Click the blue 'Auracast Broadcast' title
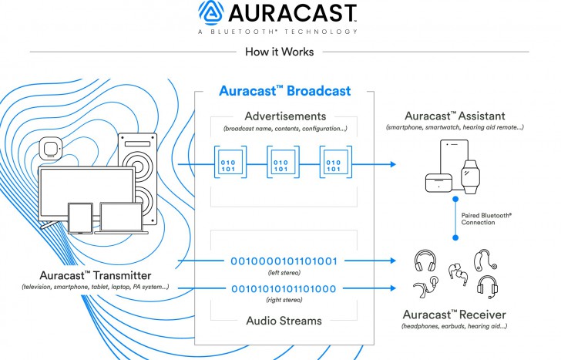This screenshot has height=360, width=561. (284, 91)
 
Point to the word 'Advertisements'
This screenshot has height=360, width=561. (284, 116)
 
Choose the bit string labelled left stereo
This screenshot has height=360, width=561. (284, 261)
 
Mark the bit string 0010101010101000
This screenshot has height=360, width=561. (284, 289)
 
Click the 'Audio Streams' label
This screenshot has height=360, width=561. (284, 320)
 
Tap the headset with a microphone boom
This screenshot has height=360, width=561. (485, 286)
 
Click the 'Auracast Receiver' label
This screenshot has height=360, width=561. (455, 315)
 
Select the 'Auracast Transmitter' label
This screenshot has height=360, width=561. (96, 274)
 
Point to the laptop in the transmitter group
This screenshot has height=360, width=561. (121, 220)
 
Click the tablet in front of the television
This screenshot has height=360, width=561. (80, 218)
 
